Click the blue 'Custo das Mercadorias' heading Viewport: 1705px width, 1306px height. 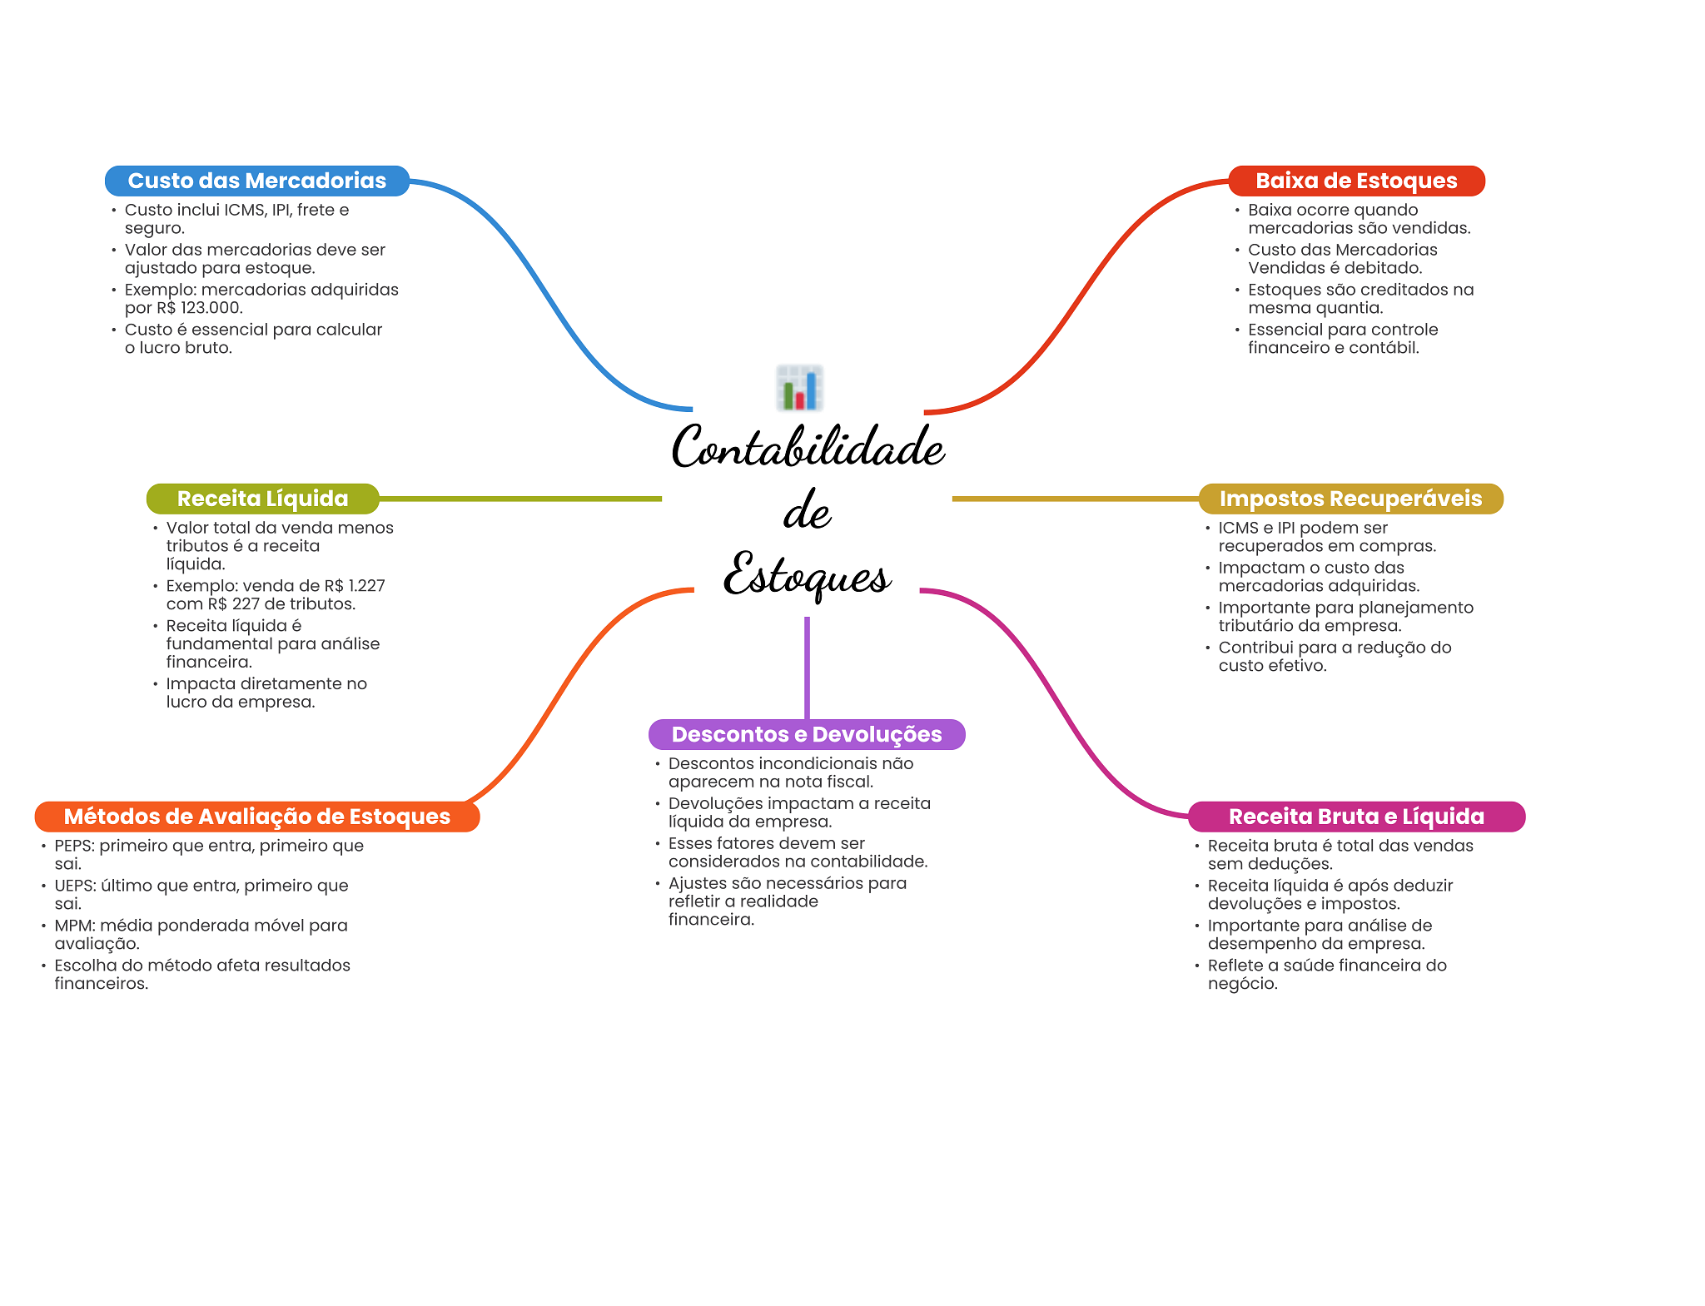[x=256, y=181]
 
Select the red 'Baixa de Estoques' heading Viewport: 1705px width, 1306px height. [x=1355, y=181]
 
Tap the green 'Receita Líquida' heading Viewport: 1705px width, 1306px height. [x=262, y=499]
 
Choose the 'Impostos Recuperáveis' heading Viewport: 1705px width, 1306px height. [x=1350, y=499]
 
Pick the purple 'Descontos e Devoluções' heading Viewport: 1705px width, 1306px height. [x=806, y=734]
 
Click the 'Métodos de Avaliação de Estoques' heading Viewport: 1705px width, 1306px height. [x=256, y=817]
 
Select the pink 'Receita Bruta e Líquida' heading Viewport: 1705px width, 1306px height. [x=1355, y=817]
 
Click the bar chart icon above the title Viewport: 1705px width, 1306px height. [x=800, y=388]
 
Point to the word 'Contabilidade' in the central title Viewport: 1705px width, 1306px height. [x=808, y=447]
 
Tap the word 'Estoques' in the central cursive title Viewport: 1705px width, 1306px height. [x=806, y=575]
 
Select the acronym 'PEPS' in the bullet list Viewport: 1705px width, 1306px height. [x=74, y=846]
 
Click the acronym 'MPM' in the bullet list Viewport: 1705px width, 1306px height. [x=74, y=926]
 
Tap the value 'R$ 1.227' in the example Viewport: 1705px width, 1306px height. [x=355, y=586]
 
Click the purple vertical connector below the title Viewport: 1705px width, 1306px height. [x=807, y=666]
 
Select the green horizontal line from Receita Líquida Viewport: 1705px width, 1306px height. [x=519, y=499]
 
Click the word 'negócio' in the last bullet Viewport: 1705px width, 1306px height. [x=1241, y=984]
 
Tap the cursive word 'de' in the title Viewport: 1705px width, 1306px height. [x=807, y=511]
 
